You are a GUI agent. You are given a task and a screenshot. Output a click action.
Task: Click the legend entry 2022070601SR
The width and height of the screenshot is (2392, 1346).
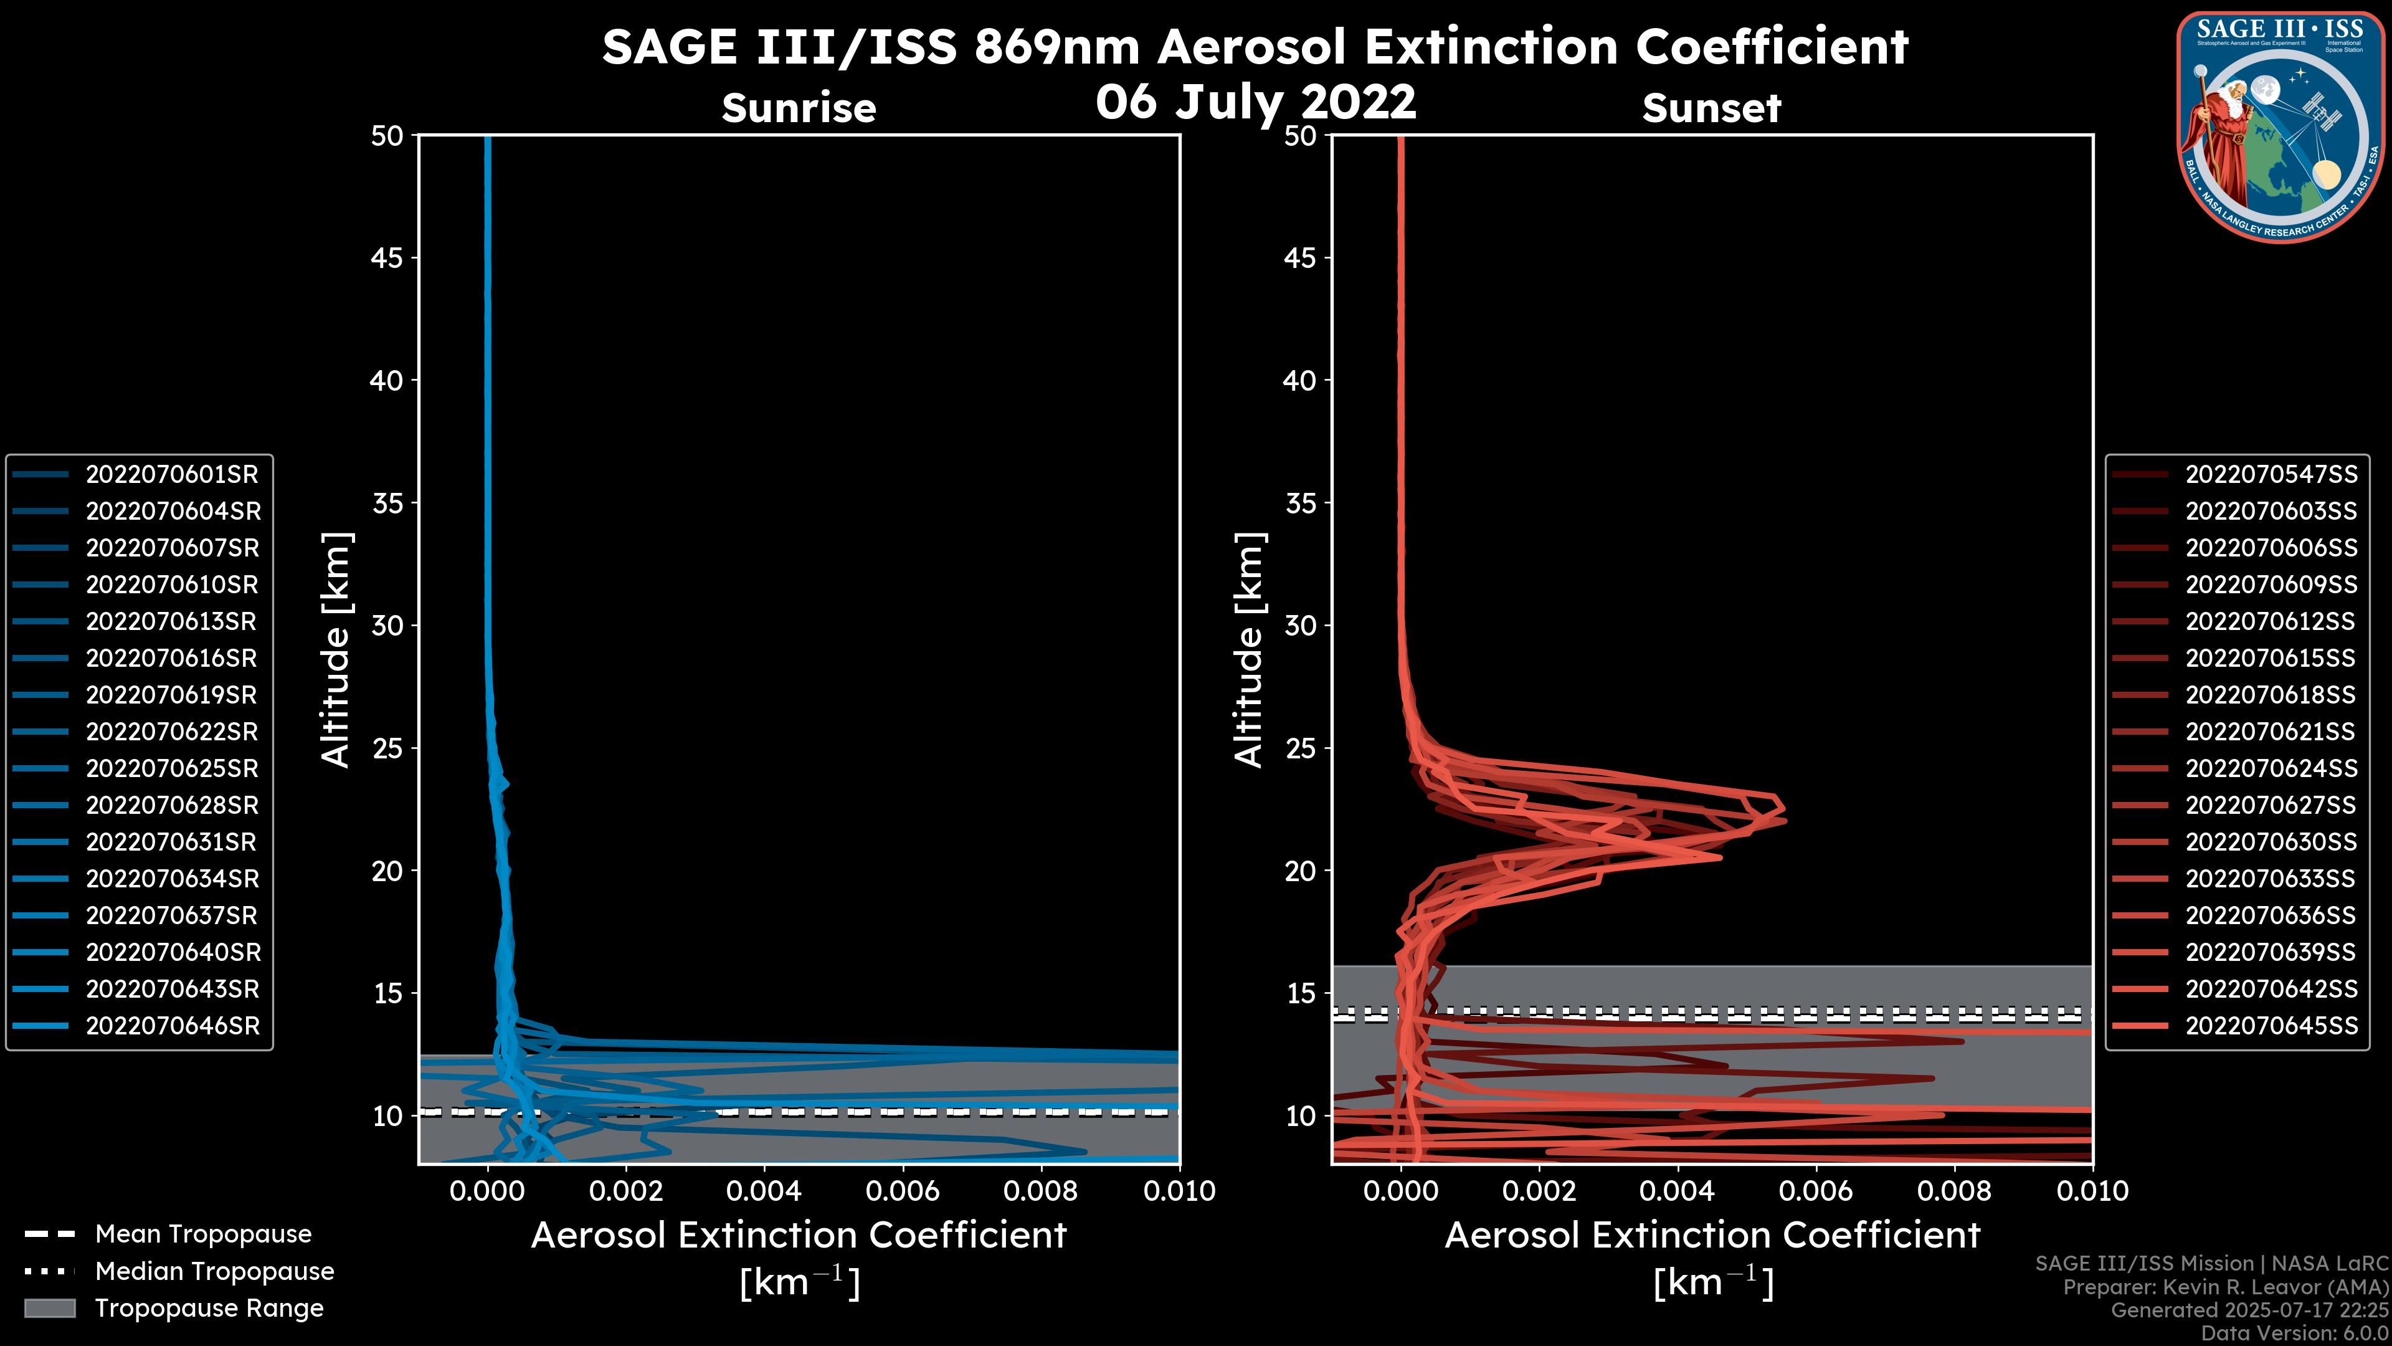point(172,475)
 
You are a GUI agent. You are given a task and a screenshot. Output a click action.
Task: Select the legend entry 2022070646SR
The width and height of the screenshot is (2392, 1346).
point(173,1026)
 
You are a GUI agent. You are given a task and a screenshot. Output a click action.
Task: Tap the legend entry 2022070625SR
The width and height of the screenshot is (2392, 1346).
point(172,769)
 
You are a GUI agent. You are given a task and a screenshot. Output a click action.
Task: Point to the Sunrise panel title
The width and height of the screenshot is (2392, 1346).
point(799,108)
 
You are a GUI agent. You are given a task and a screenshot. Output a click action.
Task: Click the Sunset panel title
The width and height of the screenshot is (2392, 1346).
point(1711,108)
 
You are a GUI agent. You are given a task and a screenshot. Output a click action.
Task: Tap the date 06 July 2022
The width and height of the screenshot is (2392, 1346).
point(1255,101)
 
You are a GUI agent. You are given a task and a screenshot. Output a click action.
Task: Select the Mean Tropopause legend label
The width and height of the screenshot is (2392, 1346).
point(203,1234)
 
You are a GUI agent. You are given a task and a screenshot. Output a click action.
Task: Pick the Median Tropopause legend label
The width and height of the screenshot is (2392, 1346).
point(214,1272)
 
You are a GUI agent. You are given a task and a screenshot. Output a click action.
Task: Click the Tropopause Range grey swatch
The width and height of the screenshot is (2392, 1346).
point(49,1309)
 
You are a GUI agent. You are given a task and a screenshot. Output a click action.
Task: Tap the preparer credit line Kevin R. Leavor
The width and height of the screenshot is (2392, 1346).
point(2225,1287)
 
